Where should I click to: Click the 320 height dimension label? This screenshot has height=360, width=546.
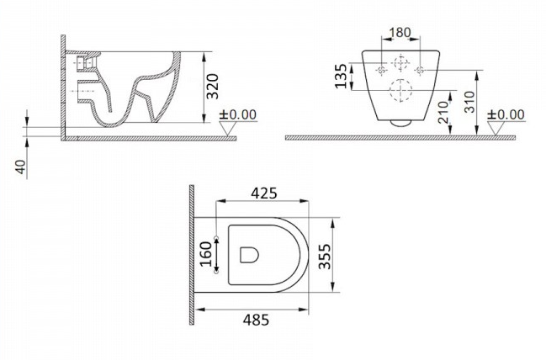pyautogui.click(x=213, y=87)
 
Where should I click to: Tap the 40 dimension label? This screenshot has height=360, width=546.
pyautogui.click(x=20, y=167)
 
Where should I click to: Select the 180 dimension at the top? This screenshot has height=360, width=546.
pyautogui.click(x=400, y=32)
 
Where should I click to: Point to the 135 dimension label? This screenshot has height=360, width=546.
pyautogui.click(x=341, y=76)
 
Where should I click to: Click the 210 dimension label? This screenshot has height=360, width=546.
pyautogui.click(x=443, y=113)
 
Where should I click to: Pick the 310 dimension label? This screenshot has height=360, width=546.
pyautogui.click(x=469, y=102)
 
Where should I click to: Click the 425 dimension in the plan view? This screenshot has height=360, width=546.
pyautogui.click(x=264, y=193)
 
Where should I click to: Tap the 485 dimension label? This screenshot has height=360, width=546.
pyautogui.click(x=256, y=320)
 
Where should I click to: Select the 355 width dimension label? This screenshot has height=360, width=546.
pyautogui.click(x=325, y=257)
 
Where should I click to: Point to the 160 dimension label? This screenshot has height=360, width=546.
pyautogui.click(x=207, y=254)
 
